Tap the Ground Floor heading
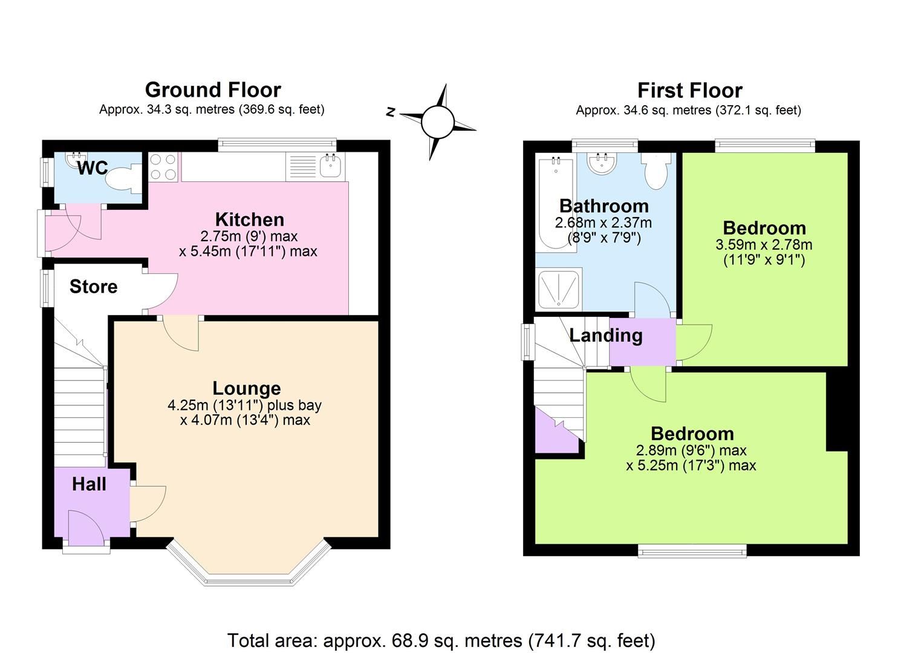[x=213, y=90]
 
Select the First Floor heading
[x=689, y=91]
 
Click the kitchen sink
[x=330, y=165]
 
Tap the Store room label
[x=93, y=287]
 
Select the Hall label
[x=89, y=484]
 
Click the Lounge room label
[x=246, y=388]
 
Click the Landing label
[x=605, y=335]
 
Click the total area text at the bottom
[x=441, y=640]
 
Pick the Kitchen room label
[x=249, y=219]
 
